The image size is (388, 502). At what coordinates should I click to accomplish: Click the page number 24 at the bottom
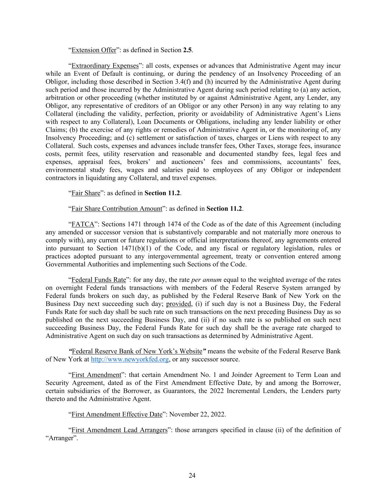192,476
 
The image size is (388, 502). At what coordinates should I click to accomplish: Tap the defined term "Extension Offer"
94,50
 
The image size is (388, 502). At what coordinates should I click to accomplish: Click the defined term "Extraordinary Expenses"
105,66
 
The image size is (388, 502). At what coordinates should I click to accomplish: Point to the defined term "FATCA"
83,224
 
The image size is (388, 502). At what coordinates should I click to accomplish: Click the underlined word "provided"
179,304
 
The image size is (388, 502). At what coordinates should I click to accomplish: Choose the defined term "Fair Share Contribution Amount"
117,209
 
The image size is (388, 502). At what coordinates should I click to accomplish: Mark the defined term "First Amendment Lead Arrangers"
119,430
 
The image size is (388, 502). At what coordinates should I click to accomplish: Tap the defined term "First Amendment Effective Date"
117,414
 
